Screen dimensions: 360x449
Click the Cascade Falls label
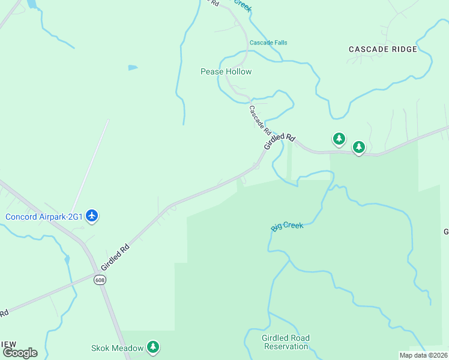[x=268, y=43]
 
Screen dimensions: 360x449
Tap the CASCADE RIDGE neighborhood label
[x=383, y=49]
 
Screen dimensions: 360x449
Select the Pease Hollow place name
[x=226, y=71]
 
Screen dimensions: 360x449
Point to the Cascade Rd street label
[x=261, y=120]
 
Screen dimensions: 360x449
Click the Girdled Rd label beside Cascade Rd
[x=280, y=142]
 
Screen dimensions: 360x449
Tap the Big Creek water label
[x=288, y=226]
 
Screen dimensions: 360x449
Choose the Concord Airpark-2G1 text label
[x=44, y=217]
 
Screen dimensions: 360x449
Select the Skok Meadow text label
[x=117, y=348]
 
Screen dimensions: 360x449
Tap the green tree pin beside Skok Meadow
[x=153, y=346]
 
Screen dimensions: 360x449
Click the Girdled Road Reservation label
[x=286, y=342]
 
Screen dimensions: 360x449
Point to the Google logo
[x=20, y=352]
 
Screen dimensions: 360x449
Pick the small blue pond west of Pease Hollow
[x=133, y=68]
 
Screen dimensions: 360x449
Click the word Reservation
[x=286, y=347]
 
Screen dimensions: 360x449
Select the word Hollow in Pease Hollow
[x=238, y=71]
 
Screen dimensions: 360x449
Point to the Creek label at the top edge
[x=243, y=5]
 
